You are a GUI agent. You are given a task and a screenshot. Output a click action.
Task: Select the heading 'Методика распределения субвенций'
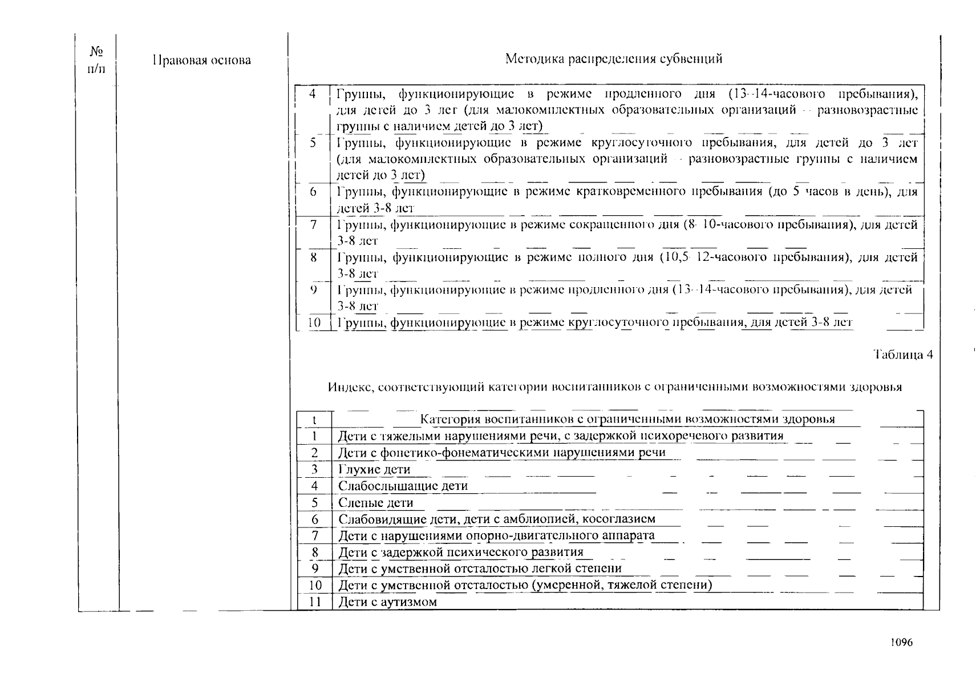(614, 59)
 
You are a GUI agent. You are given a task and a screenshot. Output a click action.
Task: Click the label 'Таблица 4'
(904, 355)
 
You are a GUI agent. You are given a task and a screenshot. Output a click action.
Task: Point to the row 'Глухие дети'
(374, 470)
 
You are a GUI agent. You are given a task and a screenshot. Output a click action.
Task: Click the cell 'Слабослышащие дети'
(403, 486)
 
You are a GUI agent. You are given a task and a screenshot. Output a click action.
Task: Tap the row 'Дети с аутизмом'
(388, 602)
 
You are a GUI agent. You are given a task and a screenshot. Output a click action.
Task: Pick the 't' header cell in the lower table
(314, 420)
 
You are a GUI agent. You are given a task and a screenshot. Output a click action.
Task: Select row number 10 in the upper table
(314, 323)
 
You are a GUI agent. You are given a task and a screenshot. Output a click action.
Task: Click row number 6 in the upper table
(313, 192)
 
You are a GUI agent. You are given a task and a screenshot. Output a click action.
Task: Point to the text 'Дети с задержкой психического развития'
(461, 553)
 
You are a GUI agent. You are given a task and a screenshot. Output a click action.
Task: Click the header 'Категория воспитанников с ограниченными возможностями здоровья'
(627, 420)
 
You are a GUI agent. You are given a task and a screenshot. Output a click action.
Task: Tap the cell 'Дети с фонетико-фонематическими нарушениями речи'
(502, 453)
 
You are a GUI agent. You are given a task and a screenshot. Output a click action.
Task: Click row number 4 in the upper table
(313, 94)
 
